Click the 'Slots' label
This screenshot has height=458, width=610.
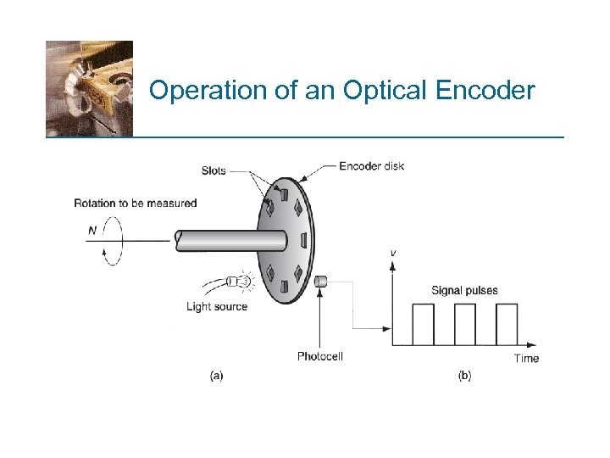213,170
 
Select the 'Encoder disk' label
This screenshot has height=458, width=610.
371,165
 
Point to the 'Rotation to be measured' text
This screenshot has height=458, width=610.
135,203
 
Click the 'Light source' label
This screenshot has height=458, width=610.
217,306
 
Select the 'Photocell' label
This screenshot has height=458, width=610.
319,356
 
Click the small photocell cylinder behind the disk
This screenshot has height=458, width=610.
320,282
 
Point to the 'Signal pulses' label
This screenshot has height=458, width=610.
464,290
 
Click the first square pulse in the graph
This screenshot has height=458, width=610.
423,324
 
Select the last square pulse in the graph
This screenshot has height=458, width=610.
506,324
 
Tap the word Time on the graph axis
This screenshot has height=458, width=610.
526,358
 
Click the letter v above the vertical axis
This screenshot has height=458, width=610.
392,252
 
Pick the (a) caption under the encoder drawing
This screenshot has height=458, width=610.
217,375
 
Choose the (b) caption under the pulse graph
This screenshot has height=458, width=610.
464,375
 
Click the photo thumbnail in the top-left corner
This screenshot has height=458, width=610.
89,88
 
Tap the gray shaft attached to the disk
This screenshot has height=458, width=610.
229,240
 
